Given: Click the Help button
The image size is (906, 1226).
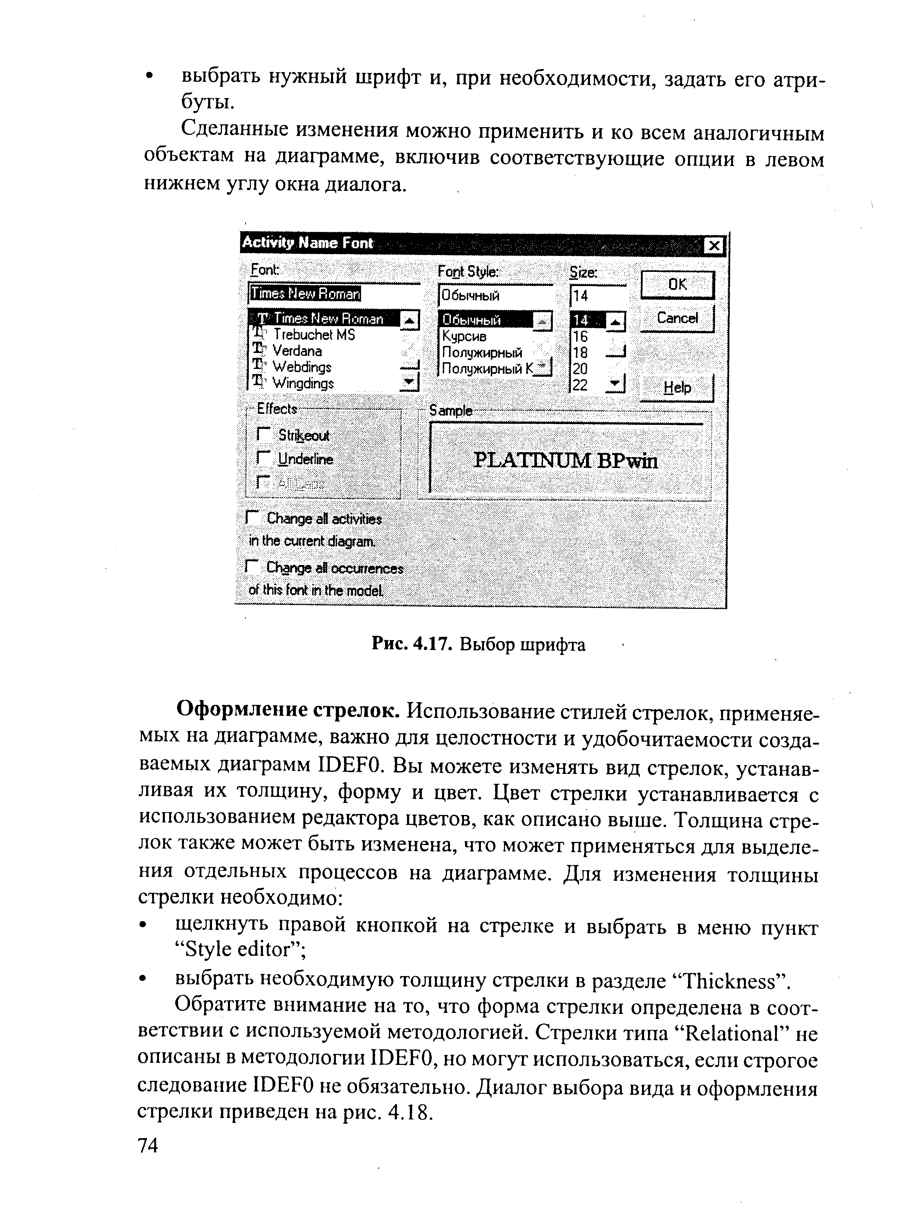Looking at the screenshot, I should pos(677,388).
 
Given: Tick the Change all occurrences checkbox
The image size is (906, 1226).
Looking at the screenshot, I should pos(252,567).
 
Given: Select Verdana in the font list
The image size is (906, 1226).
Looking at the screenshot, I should pos(297,351).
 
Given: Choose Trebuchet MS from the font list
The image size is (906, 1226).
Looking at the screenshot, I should pos(314,335).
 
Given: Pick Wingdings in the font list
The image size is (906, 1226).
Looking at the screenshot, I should pos(303,383).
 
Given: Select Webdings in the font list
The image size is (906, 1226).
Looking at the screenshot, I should pos(302,367).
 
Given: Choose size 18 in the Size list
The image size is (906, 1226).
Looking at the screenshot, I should pos(580,353).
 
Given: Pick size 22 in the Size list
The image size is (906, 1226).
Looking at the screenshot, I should pos(580,385).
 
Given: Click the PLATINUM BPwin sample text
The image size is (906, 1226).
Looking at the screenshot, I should pos(566,461).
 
